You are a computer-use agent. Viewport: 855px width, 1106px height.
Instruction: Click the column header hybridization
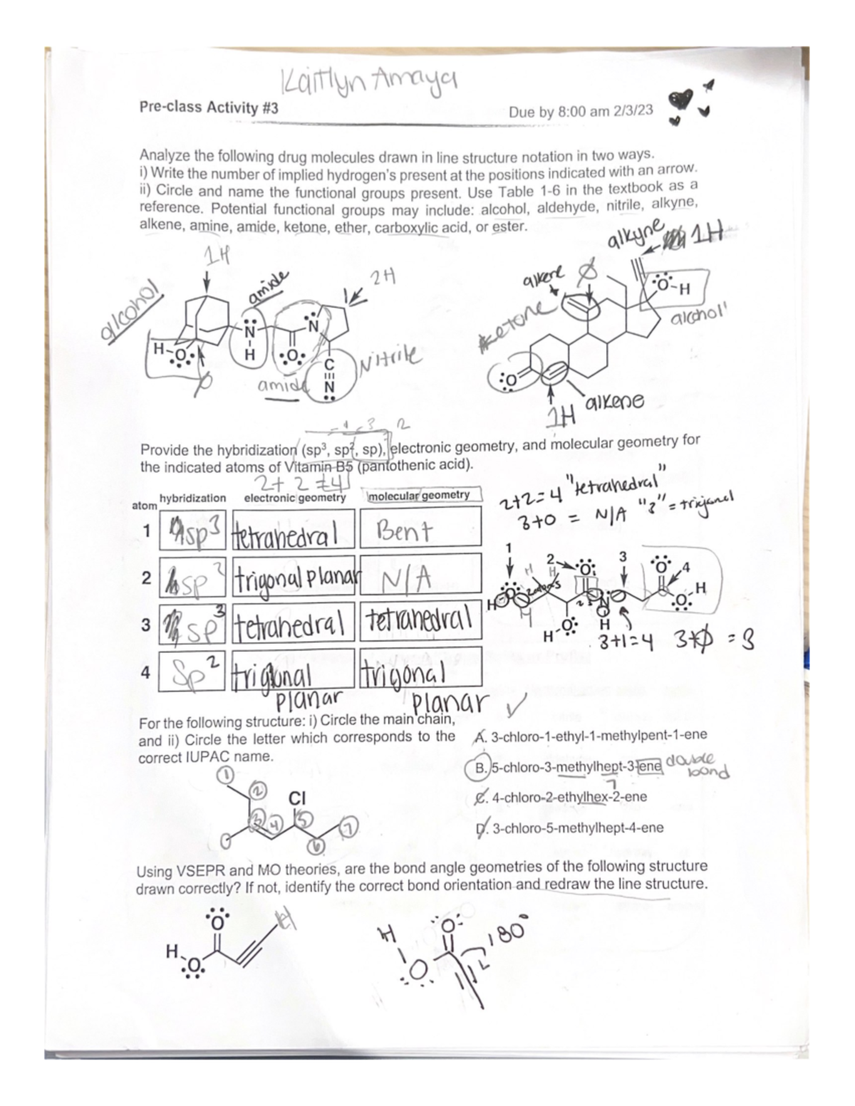[192, 499]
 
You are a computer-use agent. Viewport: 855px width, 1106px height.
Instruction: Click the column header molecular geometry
[423, 495]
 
